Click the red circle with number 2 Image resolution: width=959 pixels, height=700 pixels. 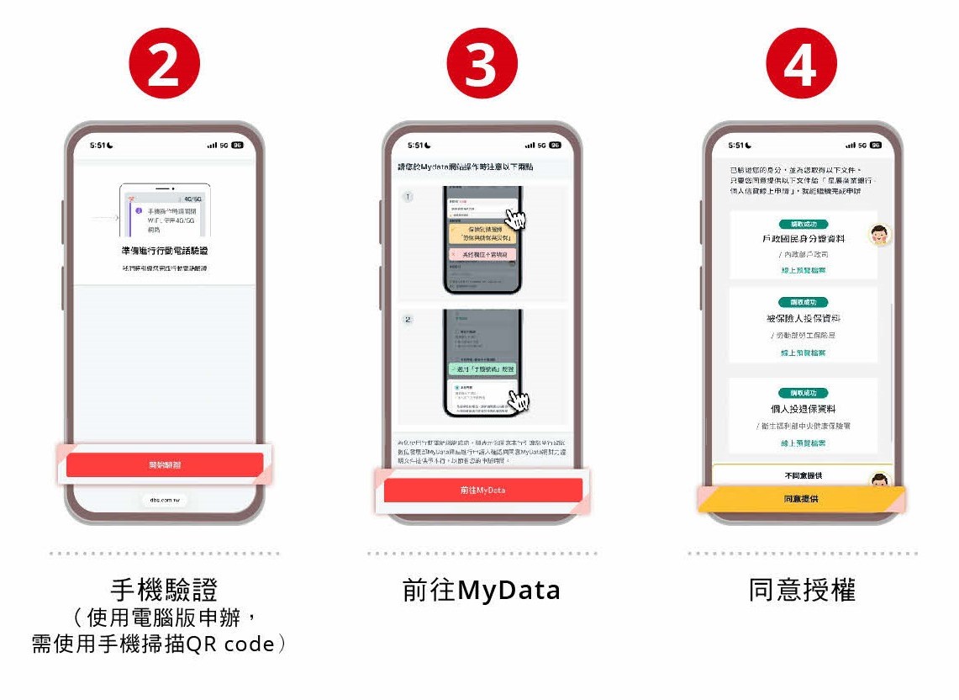coord(163,65)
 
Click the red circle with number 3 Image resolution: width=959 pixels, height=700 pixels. coord(482,65)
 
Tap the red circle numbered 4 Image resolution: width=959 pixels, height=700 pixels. coord(800,65)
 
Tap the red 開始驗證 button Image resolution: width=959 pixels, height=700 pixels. coord(165,464)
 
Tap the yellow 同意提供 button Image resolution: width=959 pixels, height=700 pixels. coord(800,499)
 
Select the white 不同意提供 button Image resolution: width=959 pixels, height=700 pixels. coord(800,476)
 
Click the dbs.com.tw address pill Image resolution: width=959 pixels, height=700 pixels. coord(165,500)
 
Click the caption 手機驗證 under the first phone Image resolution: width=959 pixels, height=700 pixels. coord(164,590)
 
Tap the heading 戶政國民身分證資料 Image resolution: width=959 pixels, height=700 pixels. coord(803,239)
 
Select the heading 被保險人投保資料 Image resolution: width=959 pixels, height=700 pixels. coord(803,319)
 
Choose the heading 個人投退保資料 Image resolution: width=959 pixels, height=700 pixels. coord(803,409)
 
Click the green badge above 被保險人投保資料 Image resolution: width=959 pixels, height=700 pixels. coord(803,302)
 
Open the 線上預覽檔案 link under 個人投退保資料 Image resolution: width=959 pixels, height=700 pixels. coord(803,443)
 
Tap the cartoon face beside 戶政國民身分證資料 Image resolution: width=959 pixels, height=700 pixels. coord(879,235)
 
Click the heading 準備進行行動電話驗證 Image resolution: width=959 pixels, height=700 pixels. coord(165,251)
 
